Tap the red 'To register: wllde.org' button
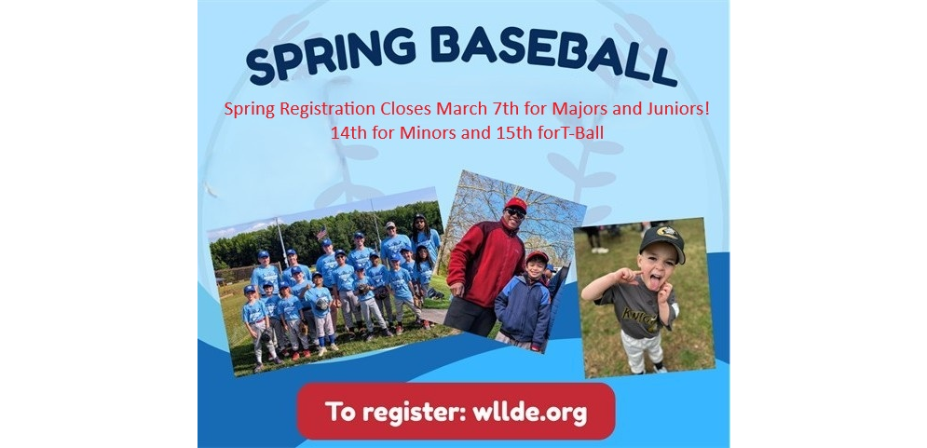click(x=456, y=411)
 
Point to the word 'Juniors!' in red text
click(x=676, y=109)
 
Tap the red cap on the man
click(x=516, y=203)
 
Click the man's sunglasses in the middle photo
click(x=515, y=213)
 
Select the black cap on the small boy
click(x=661, y=242)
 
